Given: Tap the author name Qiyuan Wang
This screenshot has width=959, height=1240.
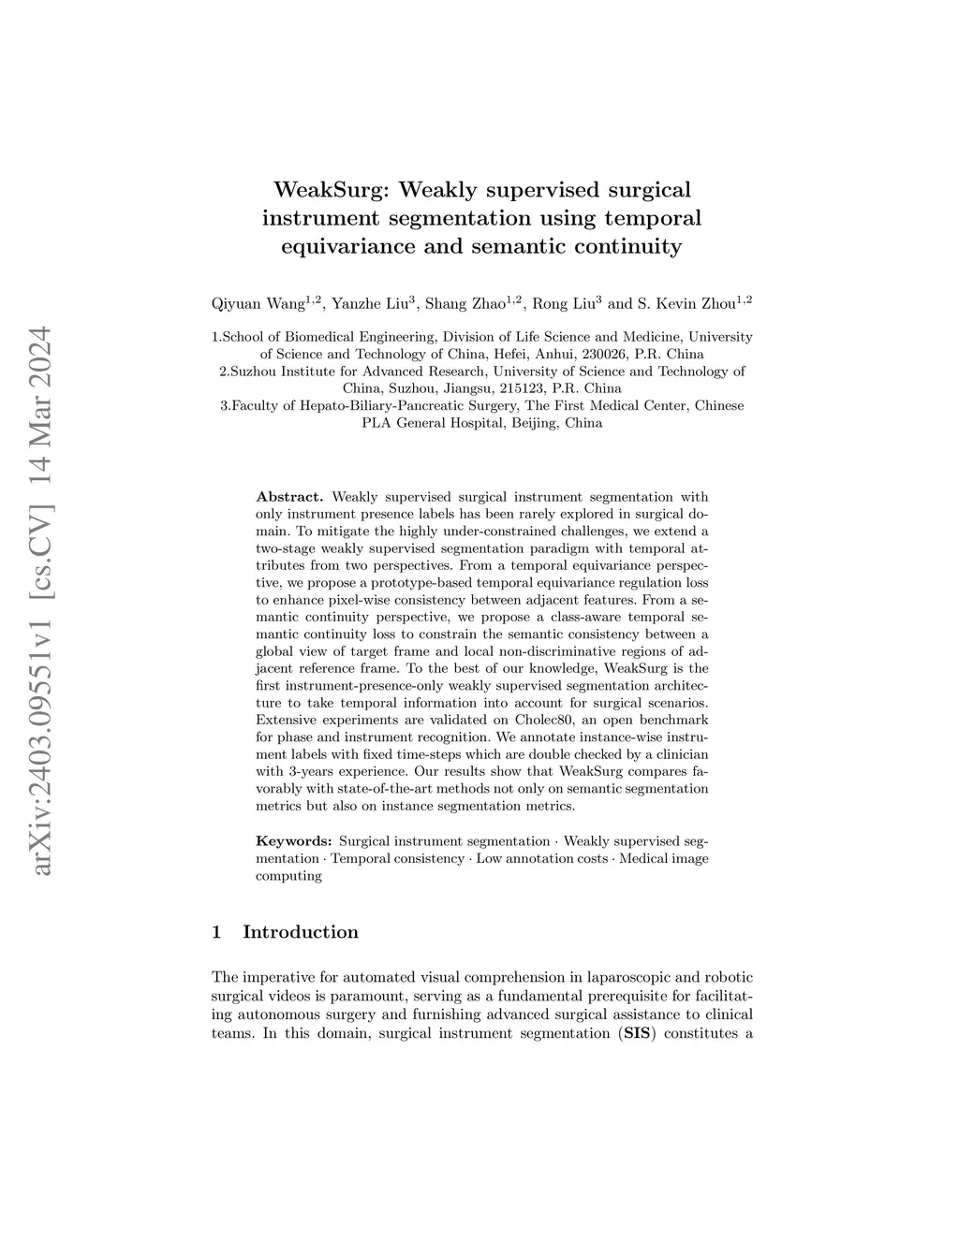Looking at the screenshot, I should (x=258, y=303).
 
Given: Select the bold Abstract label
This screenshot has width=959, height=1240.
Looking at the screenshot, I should (x=289, y=497).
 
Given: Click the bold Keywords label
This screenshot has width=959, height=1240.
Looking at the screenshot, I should (x=293, y=841).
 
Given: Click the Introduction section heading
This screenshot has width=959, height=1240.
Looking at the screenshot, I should (x=300, y=932).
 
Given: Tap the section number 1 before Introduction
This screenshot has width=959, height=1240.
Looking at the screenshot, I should (x=217, y=932).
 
